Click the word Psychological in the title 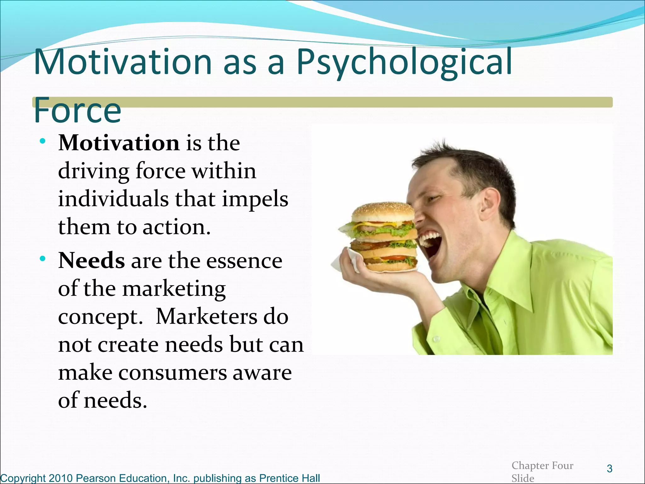pos(404,63)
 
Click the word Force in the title pos(77,110)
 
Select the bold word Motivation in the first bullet pos(119,143)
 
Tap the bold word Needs pos(91,261)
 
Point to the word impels pos(255,199)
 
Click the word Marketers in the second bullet pos(206,317)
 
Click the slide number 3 pos(609,469)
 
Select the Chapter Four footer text pos(542,465)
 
